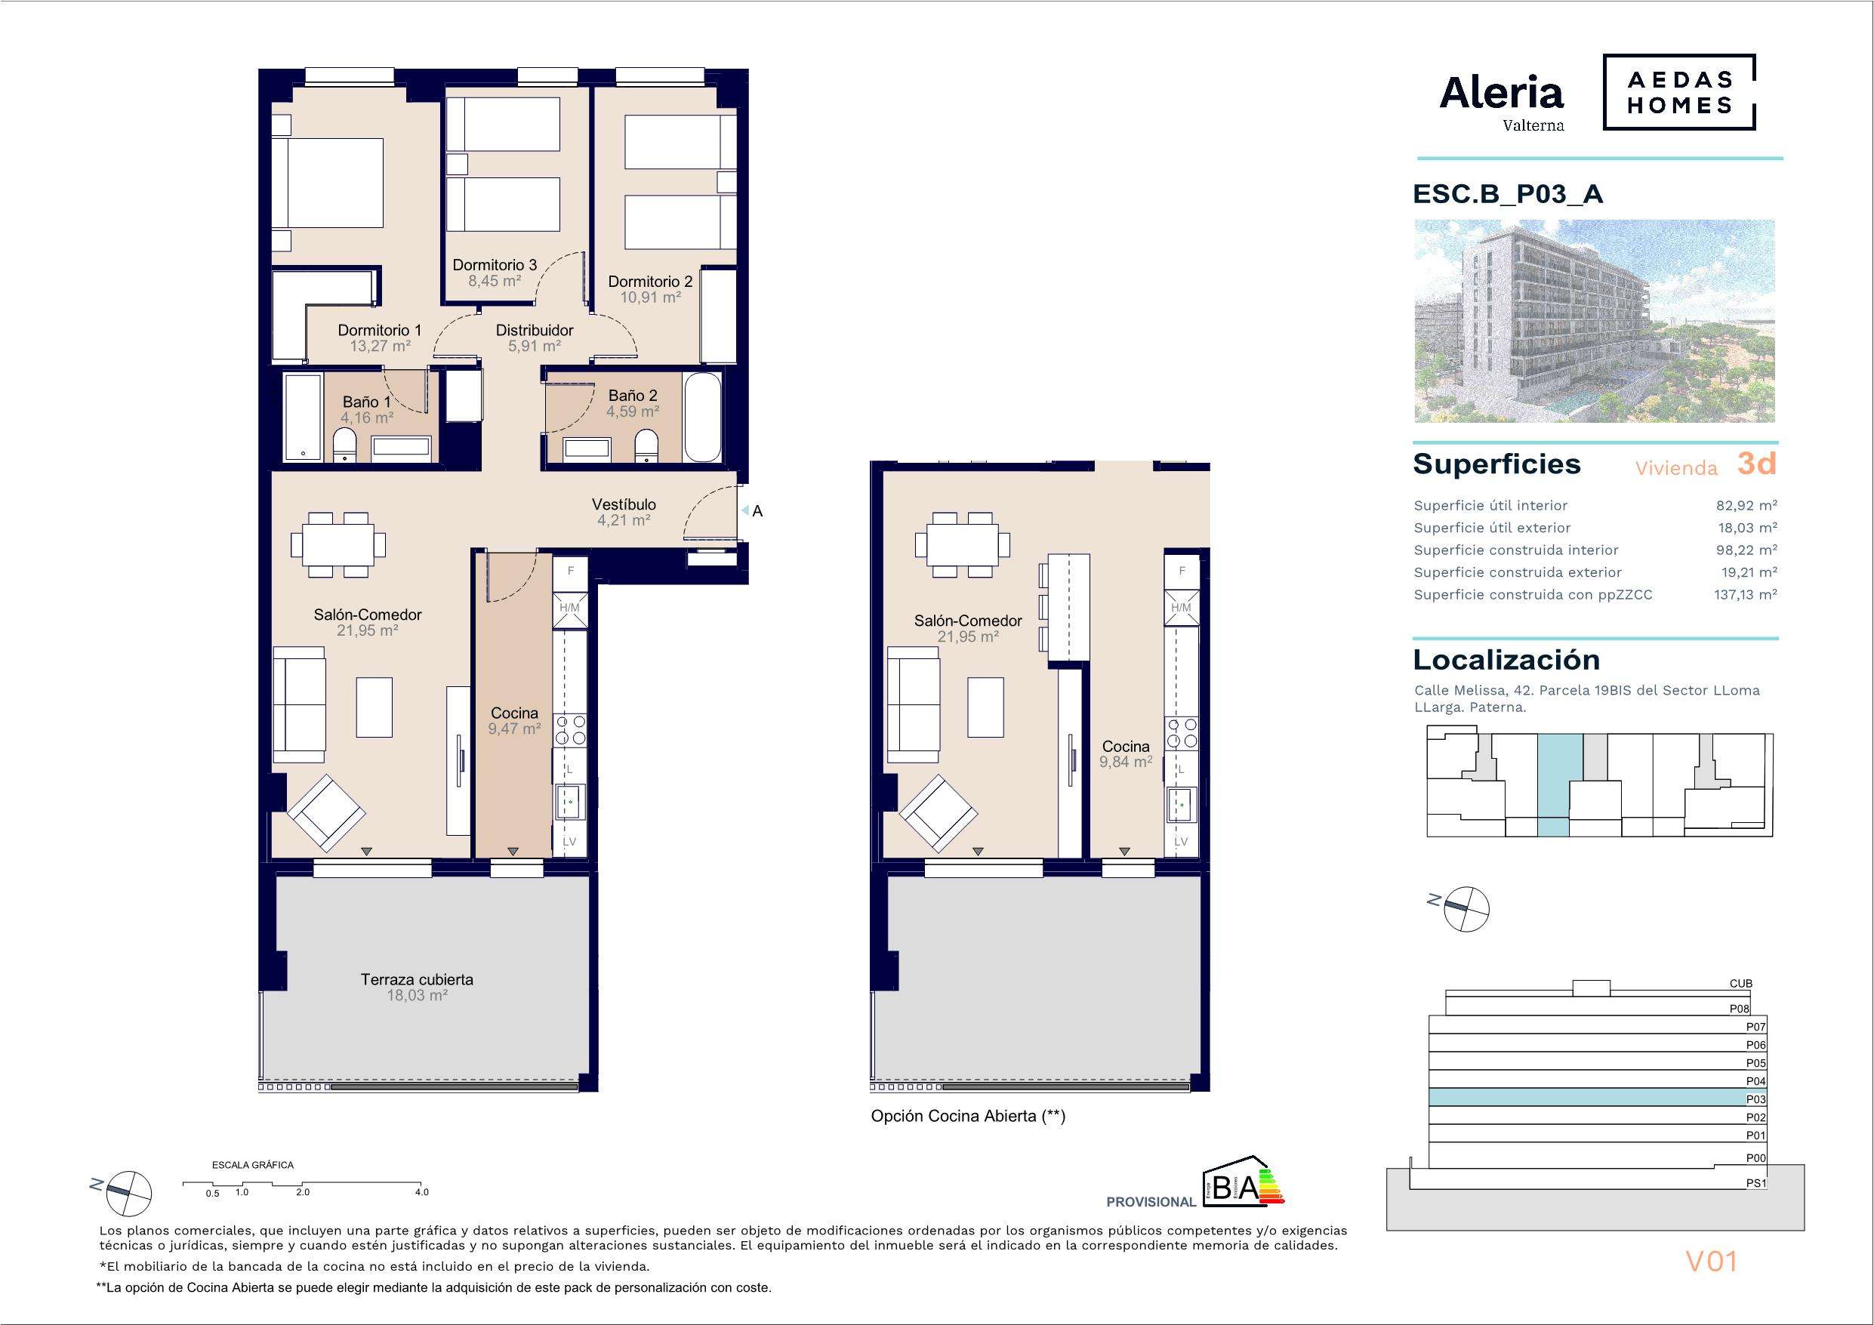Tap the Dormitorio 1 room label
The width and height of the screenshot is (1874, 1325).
[380, 331]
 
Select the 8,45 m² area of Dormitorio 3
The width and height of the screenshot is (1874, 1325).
[495, 281]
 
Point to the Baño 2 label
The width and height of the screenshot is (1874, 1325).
[633, 396]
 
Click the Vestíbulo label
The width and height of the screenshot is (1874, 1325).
[624, 504]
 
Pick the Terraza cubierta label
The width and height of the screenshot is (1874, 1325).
[417, 980]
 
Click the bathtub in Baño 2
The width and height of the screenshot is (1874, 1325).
[703, 418]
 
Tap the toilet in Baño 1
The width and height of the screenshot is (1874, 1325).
[345, 448]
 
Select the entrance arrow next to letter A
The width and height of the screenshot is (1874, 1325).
[744, 510]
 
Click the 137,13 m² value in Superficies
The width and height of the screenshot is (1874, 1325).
[1745, 595]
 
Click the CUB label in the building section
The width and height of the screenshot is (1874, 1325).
[1741, 984]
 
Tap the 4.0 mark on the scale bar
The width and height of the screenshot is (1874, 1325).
[421, 1192]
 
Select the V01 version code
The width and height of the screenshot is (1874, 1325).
[1712, 1262]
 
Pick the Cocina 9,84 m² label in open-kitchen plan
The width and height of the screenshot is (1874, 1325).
[1126, 753]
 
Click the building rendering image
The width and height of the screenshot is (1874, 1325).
[1594, 321]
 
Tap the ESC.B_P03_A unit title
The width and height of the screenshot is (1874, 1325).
[1508, 194]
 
